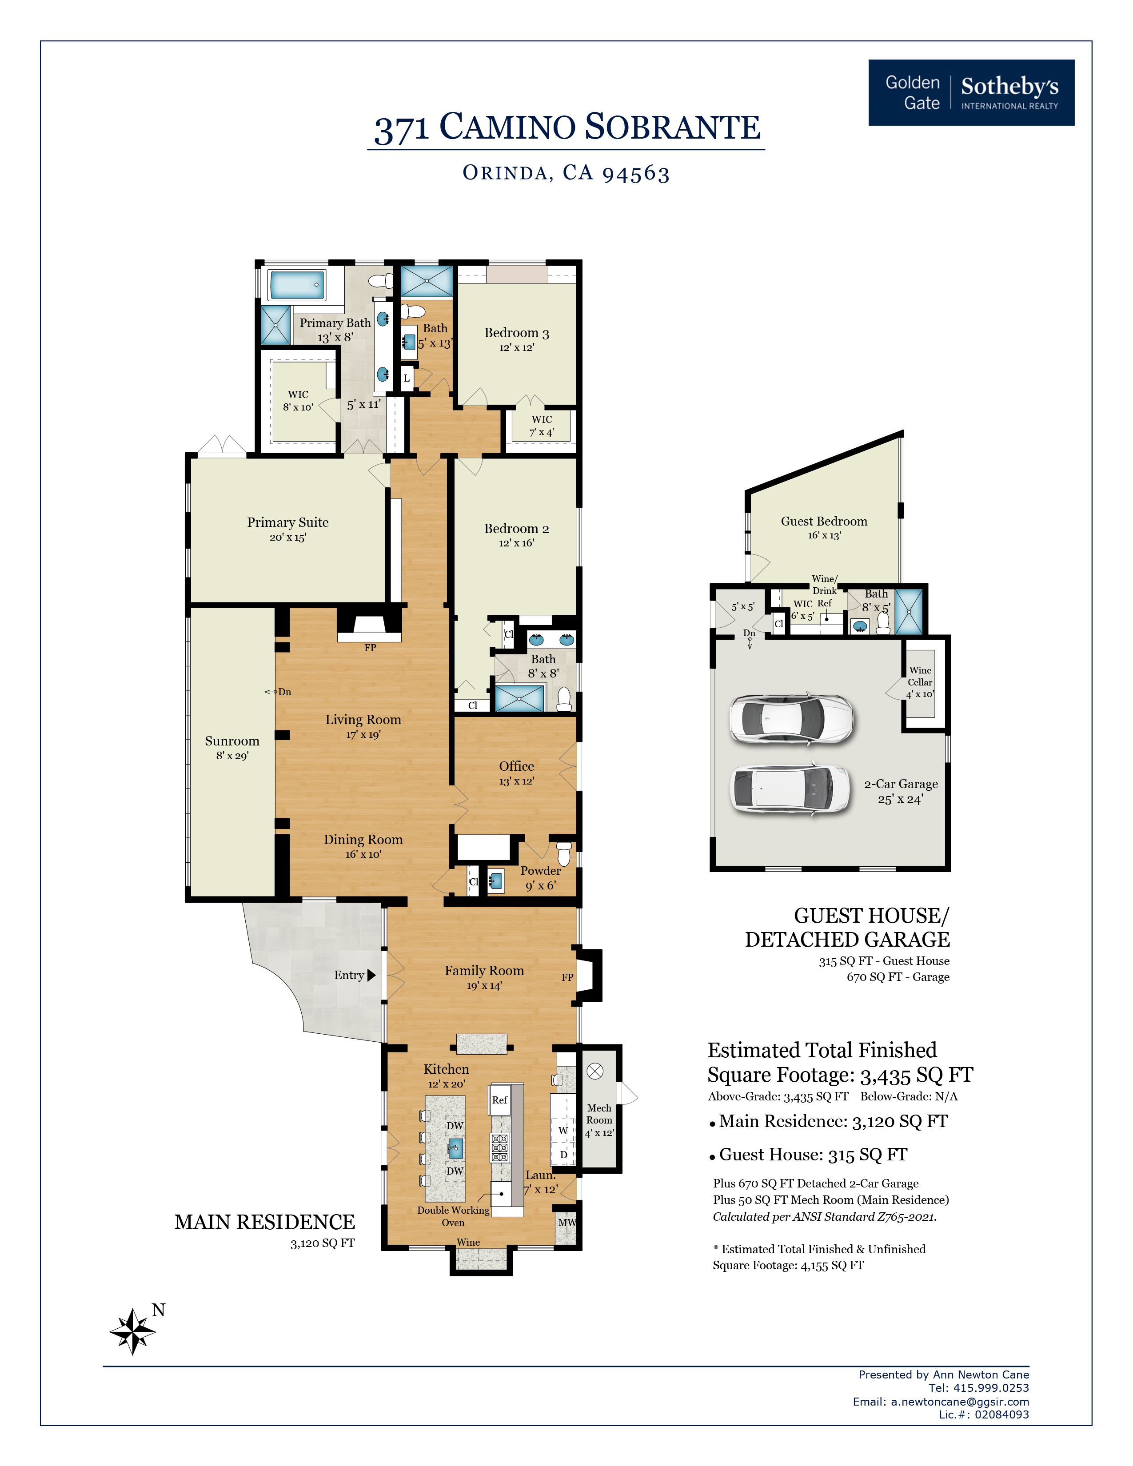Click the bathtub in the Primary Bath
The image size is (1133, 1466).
coord(297,285)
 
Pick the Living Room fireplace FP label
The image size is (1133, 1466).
coord(370,648)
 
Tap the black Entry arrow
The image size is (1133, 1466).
coord(372,975)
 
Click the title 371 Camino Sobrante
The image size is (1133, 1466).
coord(567,127)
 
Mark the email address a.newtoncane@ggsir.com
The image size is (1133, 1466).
coord(960,1402)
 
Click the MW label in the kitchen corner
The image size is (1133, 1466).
coord(566,1223)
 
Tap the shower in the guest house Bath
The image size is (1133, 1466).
coord(909,612)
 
